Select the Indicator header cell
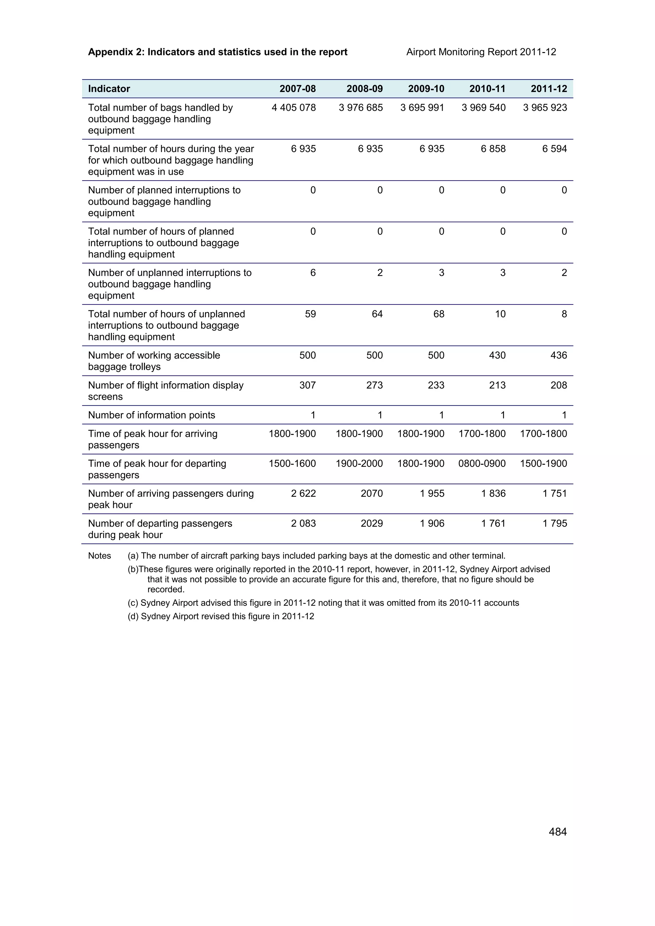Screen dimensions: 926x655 click(109, 89)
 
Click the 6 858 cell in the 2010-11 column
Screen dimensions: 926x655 click(493, 149)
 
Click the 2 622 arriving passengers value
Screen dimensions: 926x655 click(303, 493)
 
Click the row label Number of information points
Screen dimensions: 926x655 click(151, 415)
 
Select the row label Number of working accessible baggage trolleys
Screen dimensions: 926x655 click(154, 361)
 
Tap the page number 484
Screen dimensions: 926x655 click(557, 832)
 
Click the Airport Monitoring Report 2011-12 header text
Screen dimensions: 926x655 click(481, 52)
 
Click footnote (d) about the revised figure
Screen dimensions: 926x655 click(221, 616)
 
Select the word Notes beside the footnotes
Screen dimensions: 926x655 click(99, 556)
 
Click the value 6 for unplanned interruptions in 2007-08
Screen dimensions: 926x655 click(313, 273)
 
